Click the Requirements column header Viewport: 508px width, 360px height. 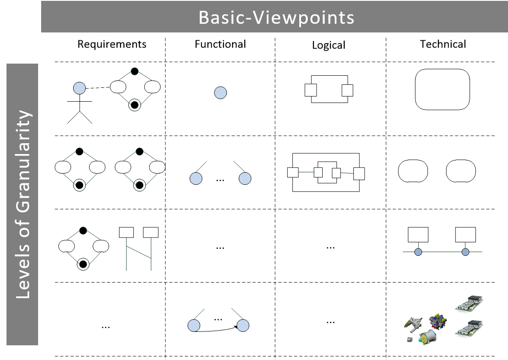[x=112, y=44]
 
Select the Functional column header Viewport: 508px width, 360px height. [x=220, y=44]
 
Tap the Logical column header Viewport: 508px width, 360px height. [x=329, y=45]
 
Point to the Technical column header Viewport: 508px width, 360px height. [x=443, y=44]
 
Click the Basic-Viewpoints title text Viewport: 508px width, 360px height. [x=276, y=17]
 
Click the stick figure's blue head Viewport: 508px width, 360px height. [x=79, y=89]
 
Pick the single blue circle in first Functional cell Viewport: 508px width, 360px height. [x=220, y=93]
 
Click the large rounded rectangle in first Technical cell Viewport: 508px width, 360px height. [x=442, y=90]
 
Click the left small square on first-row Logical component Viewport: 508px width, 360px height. [x=311, y=90]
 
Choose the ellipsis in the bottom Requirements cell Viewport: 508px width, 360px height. [x=105, y=327]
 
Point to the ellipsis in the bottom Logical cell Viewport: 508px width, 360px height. [x=330, y=321]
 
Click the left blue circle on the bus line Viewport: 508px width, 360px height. [x=418, y=252]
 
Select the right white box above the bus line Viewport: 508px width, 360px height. [x=466, y=235]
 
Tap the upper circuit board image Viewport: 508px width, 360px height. [x=469, y=304]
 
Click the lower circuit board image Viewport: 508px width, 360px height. [x=469, y=328]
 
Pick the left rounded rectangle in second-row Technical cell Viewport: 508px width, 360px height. [x=413, y=171]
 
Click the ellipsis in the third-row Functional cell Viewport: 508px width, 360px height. [x=220, y=247]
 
